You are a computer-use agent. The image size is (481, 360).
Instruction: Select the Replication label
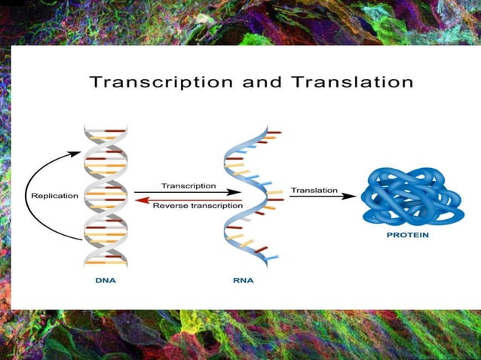click(x=54, y=196)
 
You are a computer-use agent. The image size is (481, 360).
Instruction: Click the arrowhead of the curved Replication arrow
click(x=77, y=154)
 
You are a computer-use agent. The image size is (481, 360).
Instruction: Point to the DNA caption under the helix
click(x=105, y=280)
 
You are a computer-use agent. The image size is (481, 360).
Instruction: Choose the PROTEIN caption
click(x=409, y=235)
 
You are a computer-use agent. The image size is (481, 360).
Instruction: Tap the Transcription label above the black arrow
click(x=188, y=185)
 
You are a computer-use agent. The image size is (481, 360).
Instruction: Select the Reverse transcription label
click(x=198, y=205)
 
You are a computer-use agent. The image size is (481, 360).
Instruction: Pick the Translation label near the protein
click(x=314, y=191)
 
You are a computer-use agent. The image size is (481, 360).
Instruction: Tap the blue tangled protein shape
click(x=411, y=195)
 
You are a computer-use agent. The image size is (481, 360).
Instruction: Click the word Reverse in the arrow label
click(x=168, y=205)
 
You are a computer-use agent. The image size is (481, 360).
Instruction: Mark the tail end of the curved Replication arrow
click(x=81, y=239)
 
